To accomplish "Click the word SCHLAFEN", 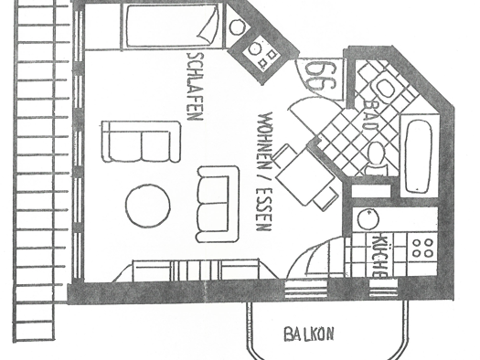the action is tap(195, 87).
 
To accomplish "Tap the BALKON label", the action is tap(309, 334).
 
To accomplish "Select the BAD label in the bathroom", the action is tap(370, 115).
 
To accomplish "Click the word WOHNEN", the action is tap(265, 141).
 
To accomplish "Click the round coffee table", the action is tap(147, 206).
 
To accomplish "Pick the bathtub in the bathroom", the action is tap(419, 156).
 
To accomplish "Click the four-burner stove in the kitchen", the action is tap(423, 248).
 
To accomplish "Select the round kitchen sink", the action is tap(368, 219).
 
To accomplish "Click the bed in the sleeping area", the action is tap(173, 26).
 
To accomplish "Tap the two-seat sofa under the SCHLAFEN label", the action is tap(141, 142).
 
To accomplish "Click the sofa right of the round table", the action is tap(218, 205).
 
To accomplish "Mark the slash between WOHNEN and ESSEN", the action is tap(264, 178).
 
